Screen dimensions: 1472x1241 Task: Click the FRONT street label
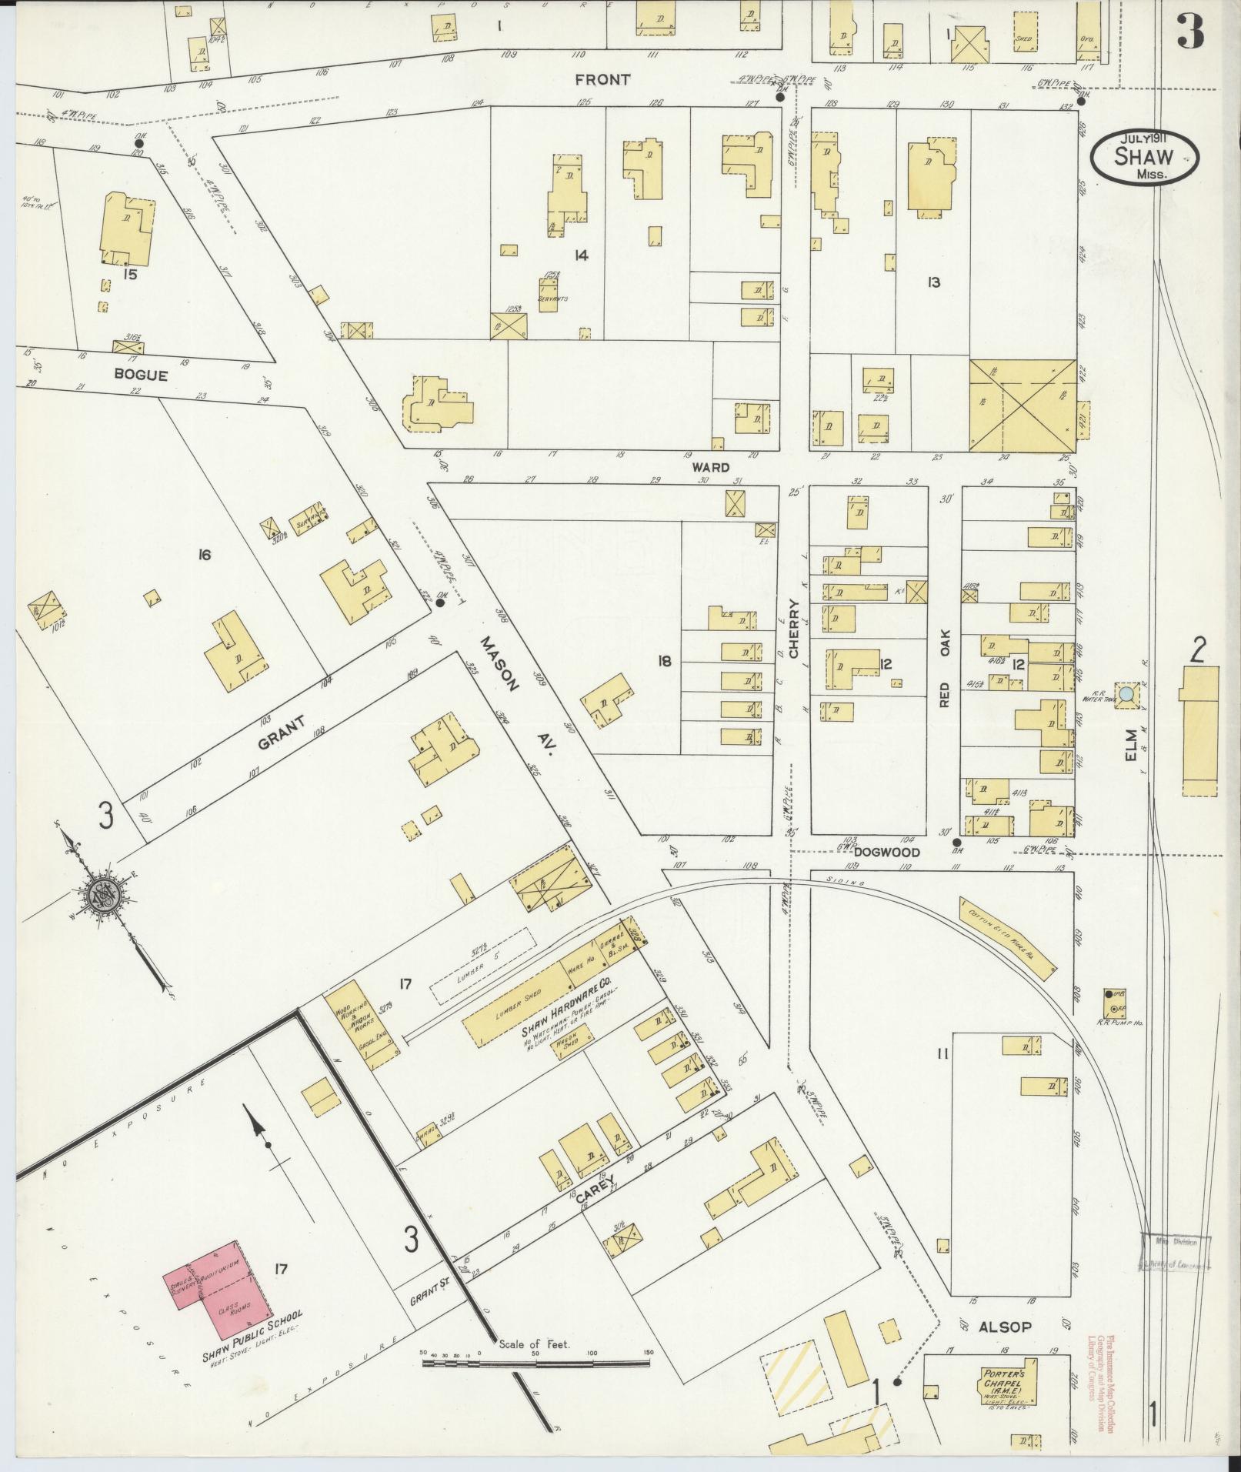click(602, 79)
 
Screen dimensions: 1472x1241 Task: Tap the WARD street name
click(709, 467)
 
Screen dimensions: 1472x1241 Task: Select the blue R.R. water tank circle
click(1126, 694)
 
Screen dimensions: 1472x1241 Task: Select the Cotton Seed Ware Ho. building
click(1008, 938)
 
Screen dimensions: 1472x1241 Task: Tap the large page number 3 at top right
click(1189, 31)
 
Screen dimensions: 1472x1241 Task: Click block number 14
click(580, 255)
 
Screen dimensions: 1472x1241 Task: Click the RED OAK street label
click(945, 668)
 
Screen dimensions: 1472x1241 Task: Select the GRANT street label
click(281, 733)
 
